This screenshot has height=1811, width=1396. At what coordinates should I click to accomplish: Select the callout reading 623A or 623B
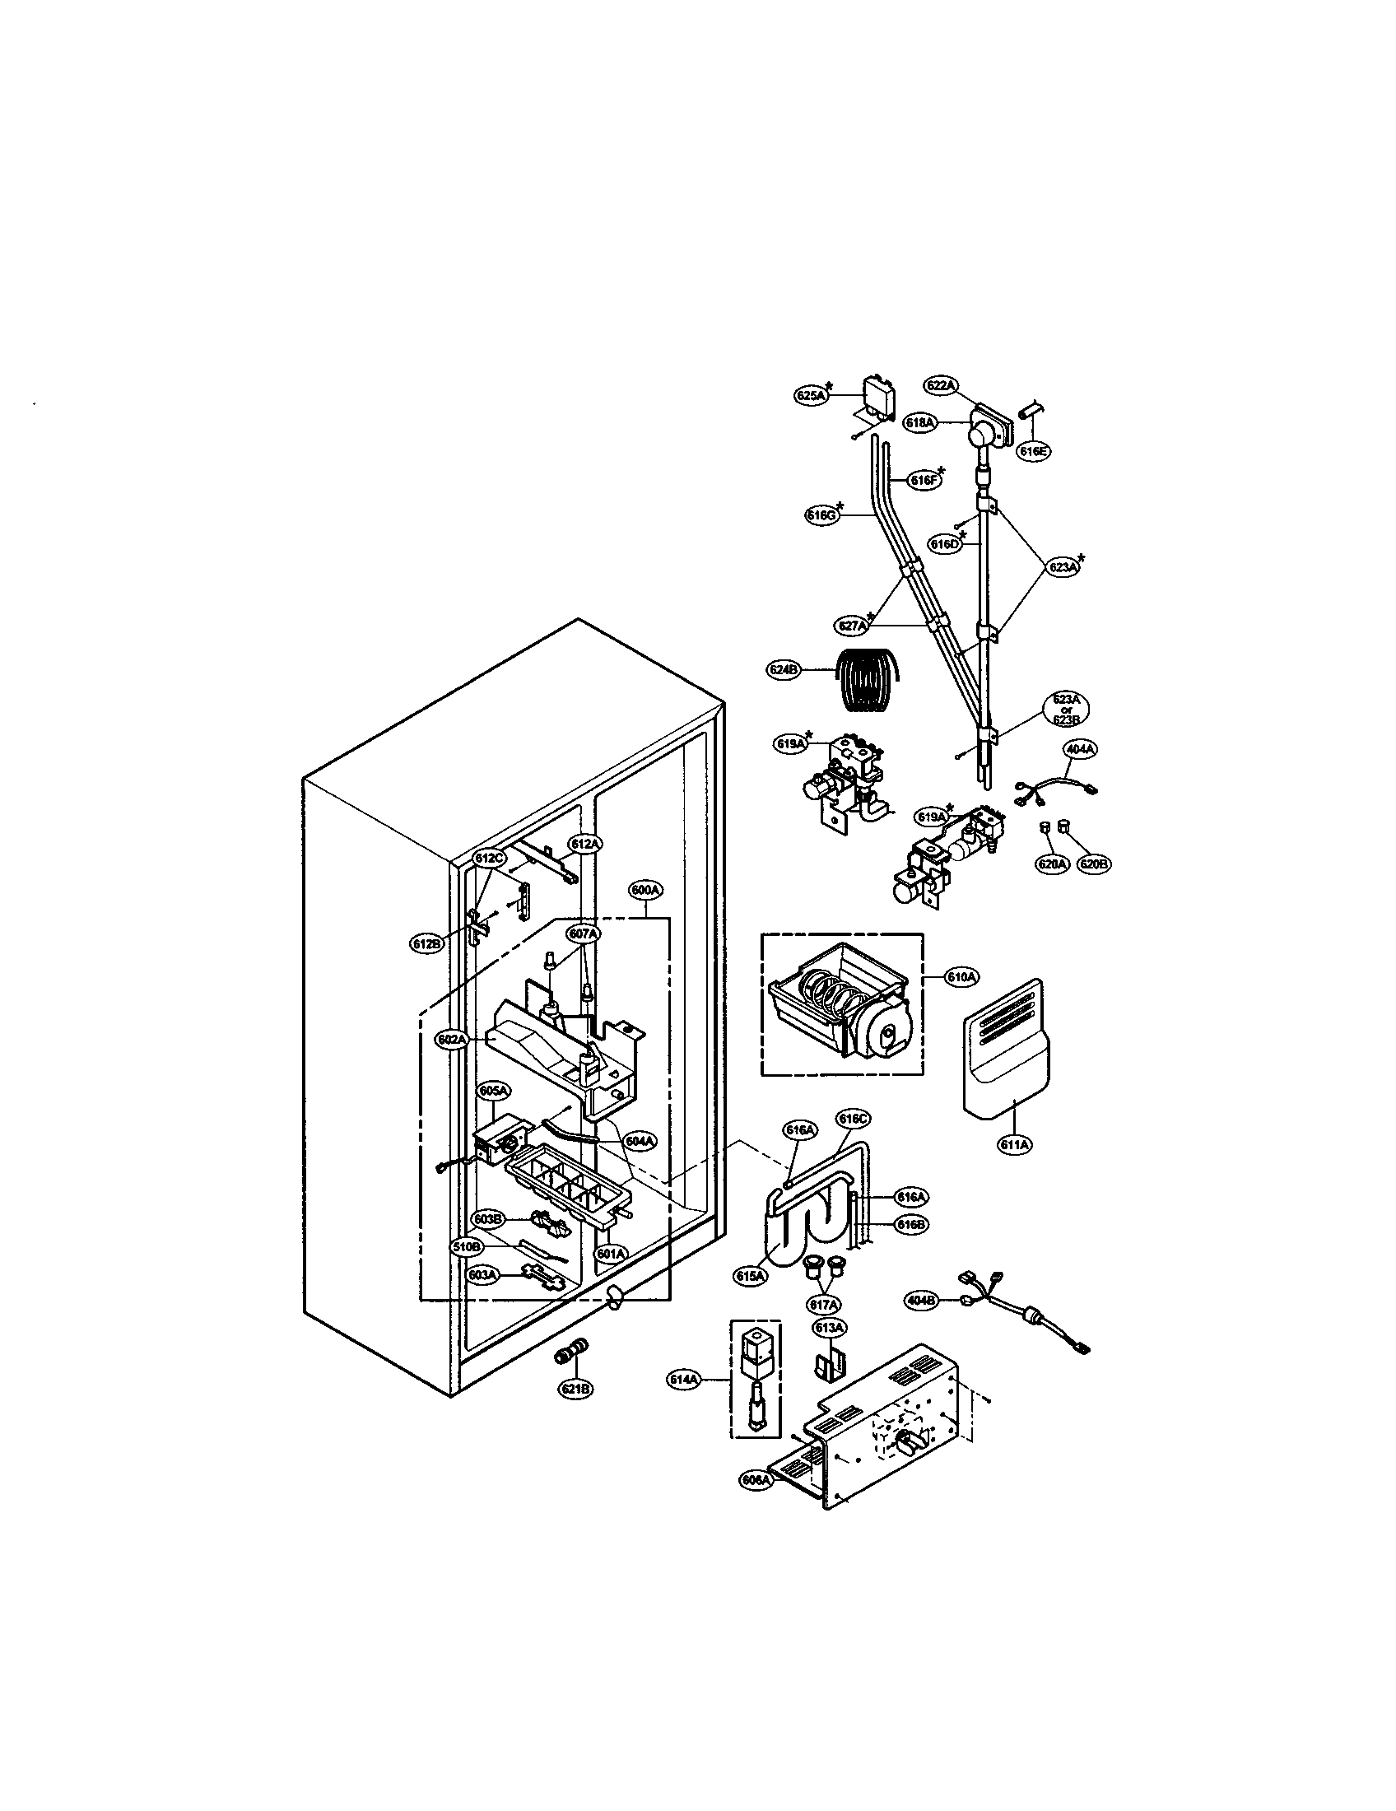pos(1066,709)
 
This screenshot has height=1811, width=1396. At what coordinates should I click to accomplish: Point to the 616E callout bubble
pos(1034,451)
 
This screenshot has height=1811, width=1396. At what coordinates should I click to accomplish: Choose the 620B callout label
pos(1093,864)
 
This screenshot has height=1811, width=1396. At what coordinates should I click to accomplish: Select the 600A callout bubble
pos(645,890)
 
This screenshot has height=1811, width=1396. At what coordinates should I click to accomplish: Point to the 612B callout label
pos(426,943)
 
